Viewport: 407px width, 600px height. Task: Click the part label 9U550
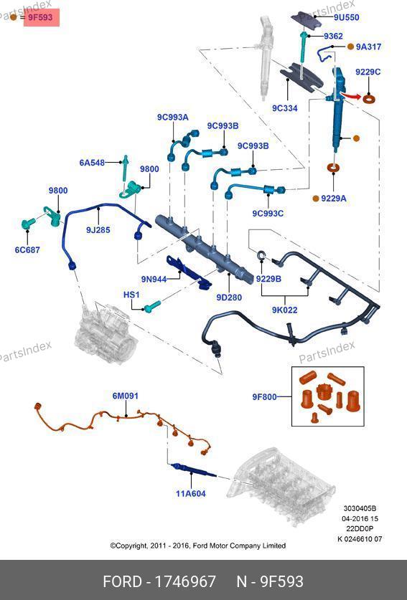click(346, 17)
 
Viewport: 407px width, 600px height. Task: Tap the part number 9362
click(333, 36)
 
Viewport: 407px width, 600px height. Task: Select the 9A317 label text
click(368, 47)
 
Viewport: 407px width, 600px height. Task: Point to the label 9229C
click(368, 72)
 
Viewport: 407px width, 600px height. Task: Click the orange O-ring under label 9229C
click(369, 99)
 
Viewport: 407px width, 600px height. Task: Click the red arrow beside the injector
click(350, 95)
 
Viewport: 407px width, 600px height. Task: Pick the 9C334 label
click(285, 108)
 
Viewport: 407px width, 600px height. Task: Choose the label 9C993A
click(173, 118)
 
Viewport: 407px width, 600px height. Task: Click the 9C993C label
click(268, 213)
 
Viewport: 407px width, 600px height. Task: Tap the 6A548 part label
click(92, 163)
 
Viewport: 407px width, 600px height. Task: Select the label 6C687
click(27, 250)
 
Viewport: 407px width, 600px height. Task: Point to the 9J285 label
click(98, 230)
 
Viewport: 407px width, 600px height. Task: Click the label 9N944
click(154, 279)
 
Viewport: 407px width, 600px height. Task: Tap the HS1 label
click(131, 295)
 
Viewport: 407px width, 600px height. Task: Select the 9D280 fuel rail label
click(229, 297)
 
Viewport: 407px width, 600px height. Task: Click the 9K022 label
click(285, 310)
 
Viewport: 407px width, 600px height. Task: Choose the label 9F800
click(264, 397)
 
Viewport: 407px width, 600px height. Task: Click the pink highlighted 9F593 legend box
click(42, 18)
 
